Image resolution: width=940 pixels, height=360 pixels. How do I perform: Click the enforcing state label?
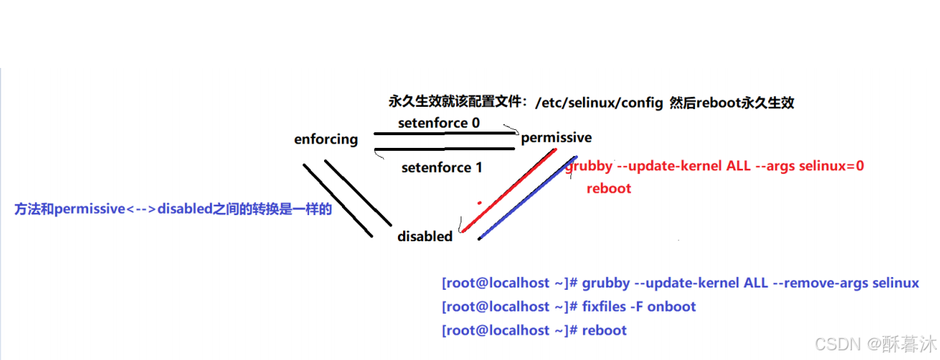[326, 140]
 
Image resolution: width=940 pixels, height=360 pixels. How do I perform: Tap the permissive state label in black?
[556, 137]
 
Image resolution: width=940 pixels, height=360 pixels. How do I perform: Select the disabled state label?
[425, 236]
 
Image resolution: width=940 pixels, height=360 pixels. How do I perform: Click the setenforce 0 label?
[439, 122]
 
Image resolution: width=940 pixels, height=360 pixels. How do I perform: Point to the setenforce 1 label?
[442, 168]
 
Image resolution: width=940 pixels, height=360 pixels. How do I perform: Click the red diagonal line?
[508, 191]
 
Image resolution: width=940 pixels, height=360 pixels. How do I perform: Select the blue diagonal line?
[526, 198]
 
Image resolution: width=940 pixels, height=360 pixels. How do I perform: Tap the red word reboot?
[608, 188]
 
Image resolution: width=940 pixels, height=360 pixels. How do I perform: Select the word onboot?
[672, 307]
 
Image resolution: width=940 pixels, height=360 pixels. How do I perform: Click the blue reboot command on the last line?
[605, 330]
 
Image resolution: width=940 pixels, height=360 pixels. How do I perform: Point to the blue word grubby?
[606, 284]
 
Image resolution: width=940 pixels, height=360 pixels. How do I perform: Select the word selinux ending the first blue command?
[894, 284]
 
